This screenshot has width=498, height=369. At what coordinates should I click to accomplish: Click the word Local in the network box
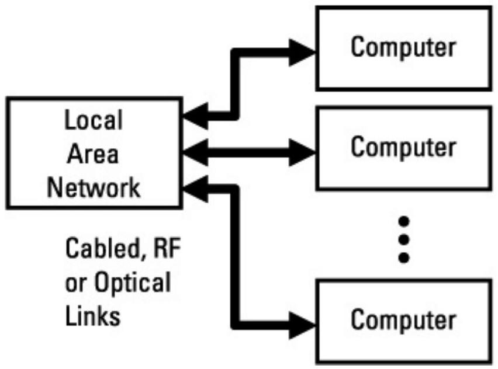point(94,121)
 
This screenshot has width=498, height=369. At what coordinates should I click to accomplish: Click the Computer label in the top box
point(403,47)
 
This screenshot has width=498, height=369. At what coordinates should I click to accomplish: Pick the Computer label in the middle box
point(403,147)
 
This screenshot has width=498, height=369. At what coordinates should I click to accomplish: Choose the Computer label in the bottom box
point(403,319)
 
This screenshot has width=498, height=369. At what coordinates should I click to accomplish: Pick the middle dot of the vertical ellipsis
point(402,239)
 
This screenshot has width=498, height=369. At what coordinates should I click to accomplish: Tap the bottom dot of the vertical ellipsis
point(402,257)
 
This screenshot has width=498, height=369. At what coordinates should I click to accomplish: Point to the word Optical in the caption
point(134,284)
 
